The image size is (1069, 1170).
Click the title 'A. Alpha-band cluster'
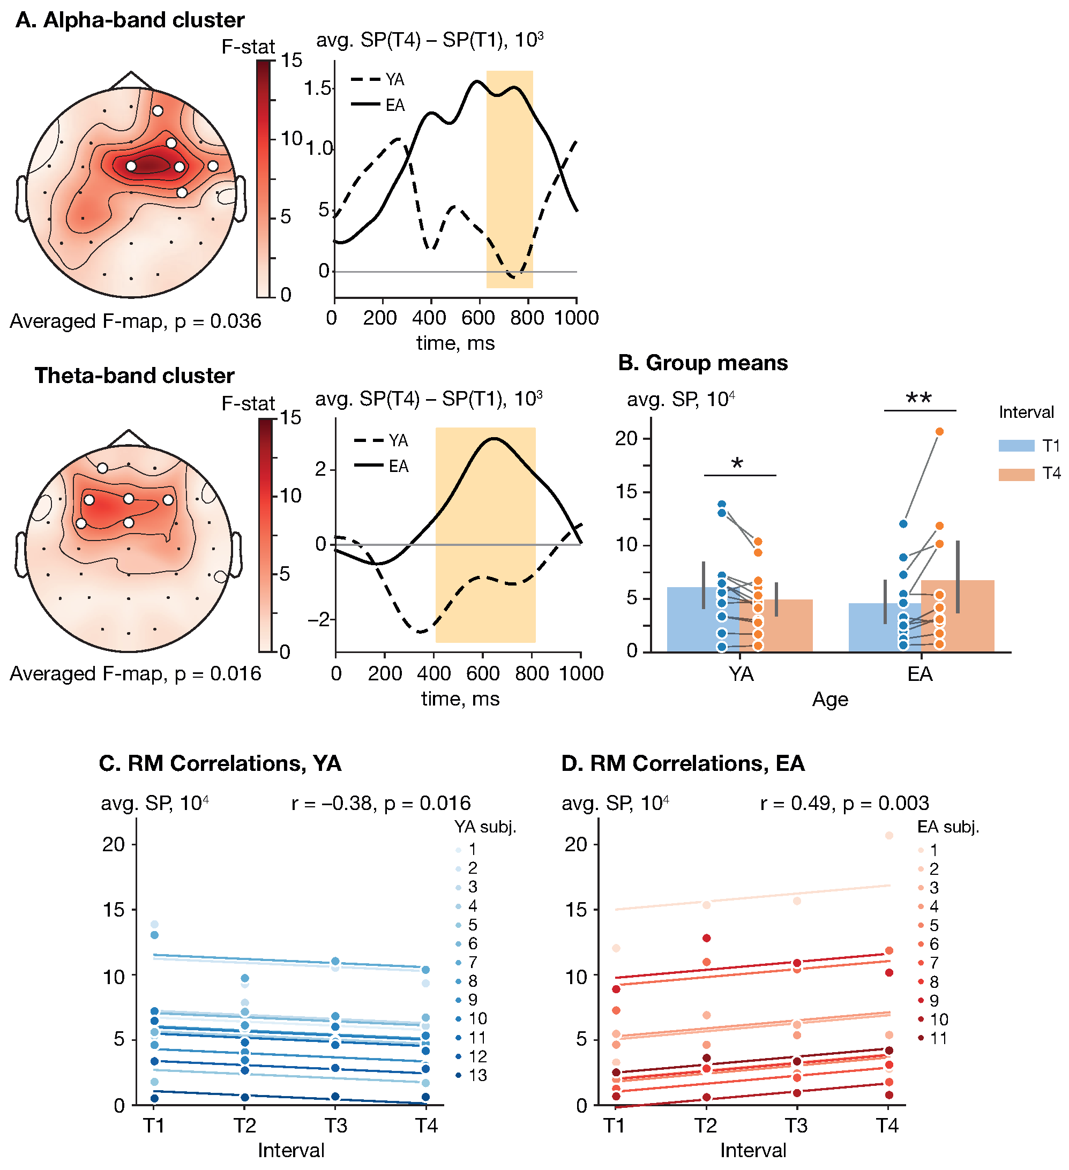coord(130,20)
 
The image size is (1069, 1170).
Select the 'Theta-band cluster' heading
coord(134,376)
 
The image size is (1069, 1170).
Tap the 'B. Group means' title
coord(703,363)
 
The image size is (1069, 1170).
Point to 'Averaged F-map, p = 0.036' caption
coord(135,321)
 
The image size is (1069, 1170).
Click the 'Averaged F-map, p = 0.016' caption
coord(135,674)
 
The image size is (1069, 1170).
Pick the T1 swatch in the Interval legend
coord(1016,446)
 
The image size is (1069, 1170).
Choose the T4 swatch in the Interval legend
coord(1016,474)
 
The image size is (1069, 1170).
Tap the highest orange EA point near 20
coord(939,432)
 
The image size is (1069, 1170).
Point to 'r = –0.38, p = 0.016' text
coord(380,803)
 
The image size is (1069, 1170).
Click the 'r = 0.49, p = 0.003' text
coord(844,803)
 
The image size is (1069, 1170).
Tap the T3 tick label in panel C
coord(335,1126)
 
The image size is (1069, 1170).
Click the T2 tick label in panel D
coord(706,1126)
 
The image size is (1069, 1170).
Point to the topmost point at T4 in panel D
coord(889,836)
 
